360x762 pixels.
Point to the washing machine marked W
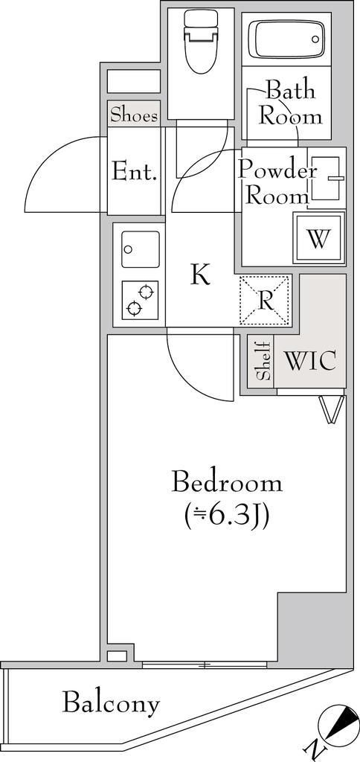pos(318,238)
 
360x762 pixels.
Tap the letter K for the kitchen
pos(199,275)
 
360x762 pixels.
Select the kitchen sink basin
pos(138,249)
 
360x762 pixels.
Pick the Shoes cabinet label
pos(134,115)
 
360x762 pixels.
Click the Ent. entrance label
pos(134,173)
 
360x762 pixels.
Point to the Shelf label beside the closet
pos(263,362)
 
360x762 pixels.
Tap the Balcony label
pos(111,702)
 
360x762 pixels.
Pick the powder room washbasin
pos(325,179)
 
